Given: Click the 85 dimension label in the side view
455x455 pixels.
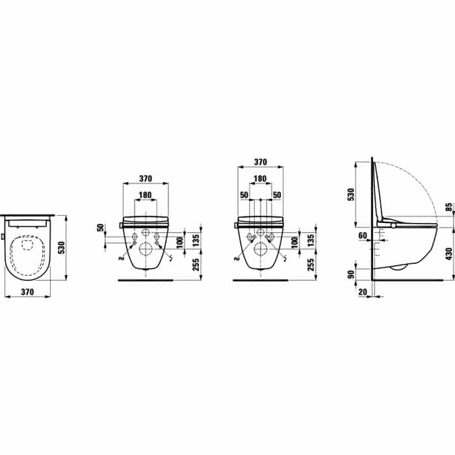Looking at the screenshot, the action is [x=448, y=208].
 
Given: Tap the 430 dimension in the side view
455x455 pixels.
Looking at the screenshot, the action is [x=448, y=254].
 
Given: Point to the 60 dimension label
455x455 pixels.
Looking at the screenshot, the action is [x=363, y=235].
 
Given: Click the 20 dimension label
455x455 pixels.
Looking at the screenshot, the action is [x=363, y=292].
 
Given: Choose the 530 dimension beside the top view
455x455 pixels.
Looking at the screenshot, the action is [x=62, y=248].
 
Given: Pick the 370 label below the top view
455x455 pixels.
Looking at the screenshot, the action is [x=27, y=292].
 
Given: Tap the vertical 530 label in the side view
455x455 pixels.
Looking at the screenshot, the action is [x=351, y=194].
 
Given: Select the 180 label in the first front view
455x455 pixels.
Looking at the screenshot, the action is [x=145, y=195].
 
